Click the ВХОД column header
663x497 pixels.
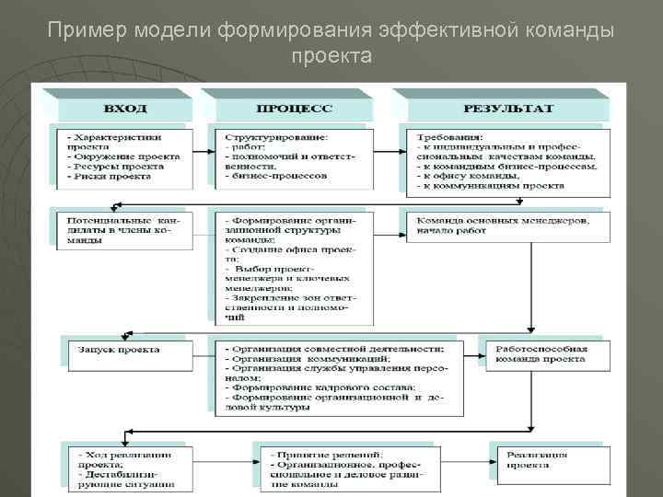[125, 109]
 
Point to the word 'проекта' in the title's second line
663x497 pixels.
[331, 57]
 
